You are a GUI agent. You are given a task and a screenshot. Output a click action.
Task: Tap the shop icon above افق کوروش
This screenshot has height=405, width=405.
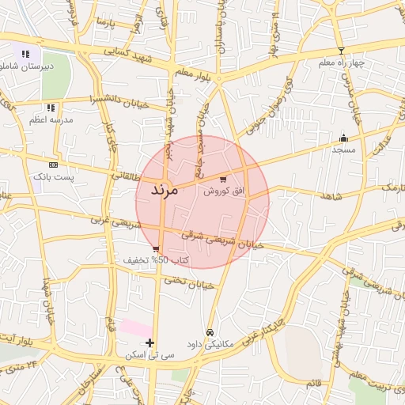(x=223, y=179)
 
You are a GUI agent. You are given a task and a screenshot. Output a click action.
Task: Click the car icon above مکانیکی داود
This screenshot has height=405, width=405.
(x=210, y=332)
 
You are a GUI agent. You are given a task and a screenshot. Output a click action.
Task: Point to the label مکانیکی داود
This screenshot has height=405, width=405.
(x=210, y=344)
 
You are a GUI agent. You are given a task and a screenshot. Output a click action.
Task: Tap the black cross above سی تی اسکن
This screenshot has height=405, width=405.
(x=150, y=343)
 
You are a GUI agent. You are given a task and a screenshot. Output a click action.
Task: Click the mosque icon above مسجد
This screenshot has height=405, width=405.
(x=343, y=137)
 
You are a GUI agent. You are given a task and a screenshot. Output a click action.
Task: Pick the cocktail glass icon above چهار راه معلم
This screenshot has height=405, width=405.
(x=341, y=51)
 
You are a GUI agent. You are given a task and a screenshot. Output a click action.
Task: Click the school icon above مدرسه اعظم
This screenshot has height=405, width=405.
(x=51, y=108)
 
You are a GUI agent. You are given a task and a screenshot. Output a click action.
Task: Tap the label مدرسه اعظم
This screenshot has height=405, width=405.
(x=51, y=119)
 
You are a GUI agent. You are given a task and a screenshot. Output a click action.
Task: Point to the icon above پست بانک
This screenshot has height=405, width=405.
(x=53, y=165)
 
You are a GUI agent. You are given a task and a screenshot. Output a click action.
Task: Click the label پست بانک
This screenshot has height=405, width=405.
(x=53, y=177)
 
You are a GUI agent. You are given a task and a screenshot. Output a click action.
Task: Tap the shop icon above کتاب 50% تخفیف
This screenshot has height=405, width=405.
(x=155, y=248)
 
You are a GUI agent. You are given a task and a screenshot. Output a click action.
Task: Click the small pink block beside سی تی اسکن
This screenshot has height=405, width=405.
(x=136, y=326)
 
